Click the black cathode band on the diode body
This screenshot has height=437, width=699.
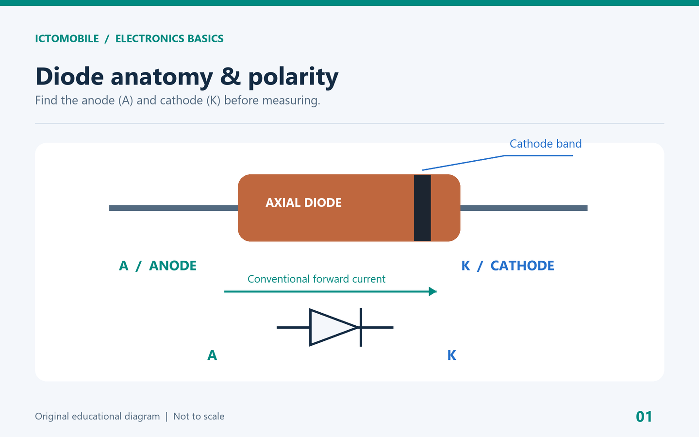tap(422, 208)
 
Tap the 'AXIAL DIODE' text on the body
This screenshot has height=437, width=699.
tap(303, 202)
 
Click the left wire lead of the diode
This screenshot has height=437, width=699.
tap(173, 208)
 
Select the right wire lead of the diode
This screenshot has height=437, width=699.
tap(524, 208)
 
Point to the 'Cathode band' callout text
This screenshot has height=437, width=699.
tap(546, 144)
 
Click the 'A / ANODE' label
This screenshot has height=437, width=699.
tap(158, 266)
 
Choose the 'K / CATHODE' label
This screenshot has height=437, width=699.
tap(508, 266)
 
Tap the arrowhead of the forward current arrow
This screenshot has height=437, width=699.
tap(433, 291)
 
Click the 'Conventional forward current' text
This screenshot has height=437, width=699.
tap(316, 279)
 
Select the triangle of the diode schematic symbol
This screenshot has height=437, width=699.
tap(334, 327)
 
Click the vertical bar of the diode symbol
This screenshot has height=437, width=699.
tap(361, 327)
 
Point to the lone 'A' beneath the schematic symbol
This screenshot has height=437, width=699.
tap(212, 355)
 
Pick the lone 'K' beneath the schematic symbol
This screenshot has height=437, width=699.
tap(452, 355)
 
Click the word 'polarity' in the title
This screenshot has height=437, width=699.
tap(293, 77)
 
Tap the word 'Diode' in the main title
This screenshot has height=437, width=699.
tap(69, 76)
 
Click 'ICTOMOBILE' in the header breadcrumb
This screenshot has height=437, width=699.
tap(67, 39)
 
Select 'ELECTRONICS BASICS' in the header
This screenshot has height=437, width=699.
tap(169, 39)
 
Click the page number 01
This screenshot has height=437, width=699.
tap(644, 417)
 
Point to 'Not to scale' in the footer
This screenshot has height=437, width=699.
tap(199, 417)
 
